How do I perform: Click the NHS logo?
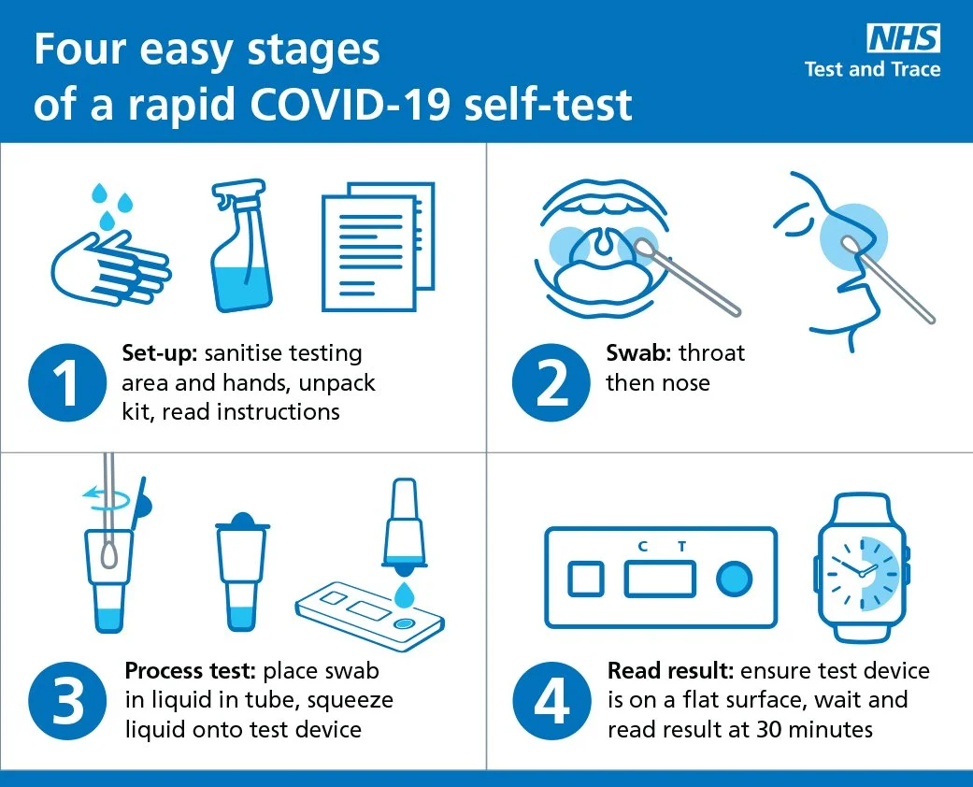(904, 38)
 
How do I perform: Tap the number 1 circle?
(67, 383)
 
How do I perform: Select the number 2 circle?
(551, 383)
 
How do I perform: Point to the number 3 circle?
(67, 701)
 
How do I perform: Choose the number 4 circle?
(551, 701)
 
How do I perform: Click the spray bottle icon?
(241, 246)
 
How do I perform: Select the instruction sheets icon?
(378, 247)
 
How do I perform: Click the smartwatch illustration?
(862, 568)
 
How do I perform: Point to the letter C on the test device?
(643, 546)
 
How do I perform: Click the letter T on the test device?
(682, 546)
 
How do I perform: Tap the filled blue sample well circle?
(734, 579)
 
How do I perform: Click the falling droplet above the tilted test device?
(406, 595)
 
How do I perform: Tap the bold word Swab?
(638, 352)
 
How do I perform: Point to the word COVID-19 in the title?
(350, 104)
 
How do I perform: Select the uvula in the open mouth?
(602, 243)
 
